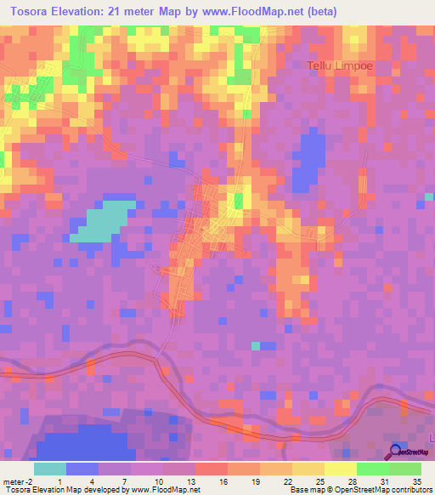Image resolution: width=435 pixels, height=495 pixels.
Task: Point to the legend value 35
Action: coord(417,481)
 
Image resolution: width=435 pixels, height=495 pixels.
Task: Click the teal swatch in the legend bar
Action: coord(49,469)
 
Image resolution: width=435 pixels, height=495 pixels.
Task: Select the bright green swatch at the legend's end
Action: coord(405,469)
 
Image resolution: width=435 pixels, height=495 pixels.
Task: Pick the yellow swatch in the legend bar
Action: coord(340,469)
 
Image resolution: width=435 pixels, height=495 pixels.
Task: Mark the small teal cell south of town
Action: coord(256,345)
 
